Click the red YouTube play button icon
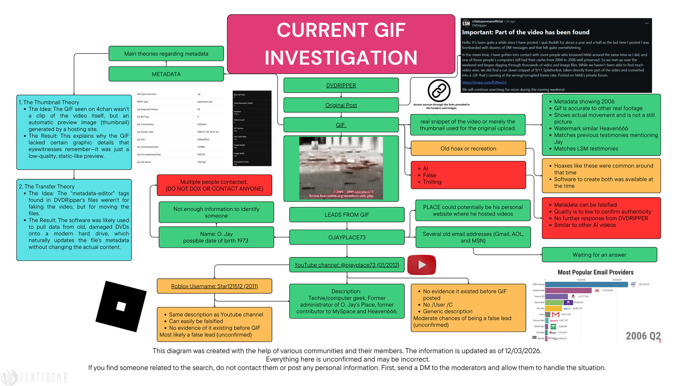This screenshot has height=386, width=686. [422, 265]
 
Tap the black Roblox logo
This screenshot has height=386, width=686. [121, 306]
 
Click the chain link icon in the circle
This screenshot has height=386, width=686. [439, 91]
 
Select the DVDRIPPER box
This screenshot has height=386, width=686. [341, 85]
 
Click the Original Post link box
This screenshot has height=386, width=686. [341, 105]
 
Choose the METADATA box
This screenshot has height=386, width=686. [166, 74]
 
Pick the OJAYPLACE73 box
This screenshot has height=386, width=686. [347, 237]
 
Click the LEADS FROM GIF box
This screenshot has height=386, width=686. [347, 214]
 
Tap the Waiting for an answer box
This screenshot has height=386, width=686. [599, 255]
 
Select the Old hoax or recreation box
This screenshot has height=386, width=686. [468, 148]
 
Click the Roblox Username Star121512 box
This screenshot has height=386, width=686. [214, 286]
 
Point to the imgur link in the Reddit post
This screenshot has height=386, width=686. [484, 83]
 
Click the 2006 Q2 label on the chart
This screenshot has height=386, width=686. [643, 336]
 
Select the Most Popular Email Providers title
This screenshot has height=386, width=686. [596, 272]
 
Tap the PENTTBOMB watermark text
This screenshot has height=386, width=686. [43, 377]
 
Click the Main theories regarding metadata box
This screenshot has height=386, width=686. [166, 54]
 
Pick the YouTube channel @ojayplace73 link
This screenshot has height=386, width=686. [347, 265]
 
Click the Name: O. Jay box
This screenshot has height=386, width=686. [216, 237]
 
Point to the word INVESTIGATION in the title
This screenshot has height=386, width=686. [341, 58]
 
